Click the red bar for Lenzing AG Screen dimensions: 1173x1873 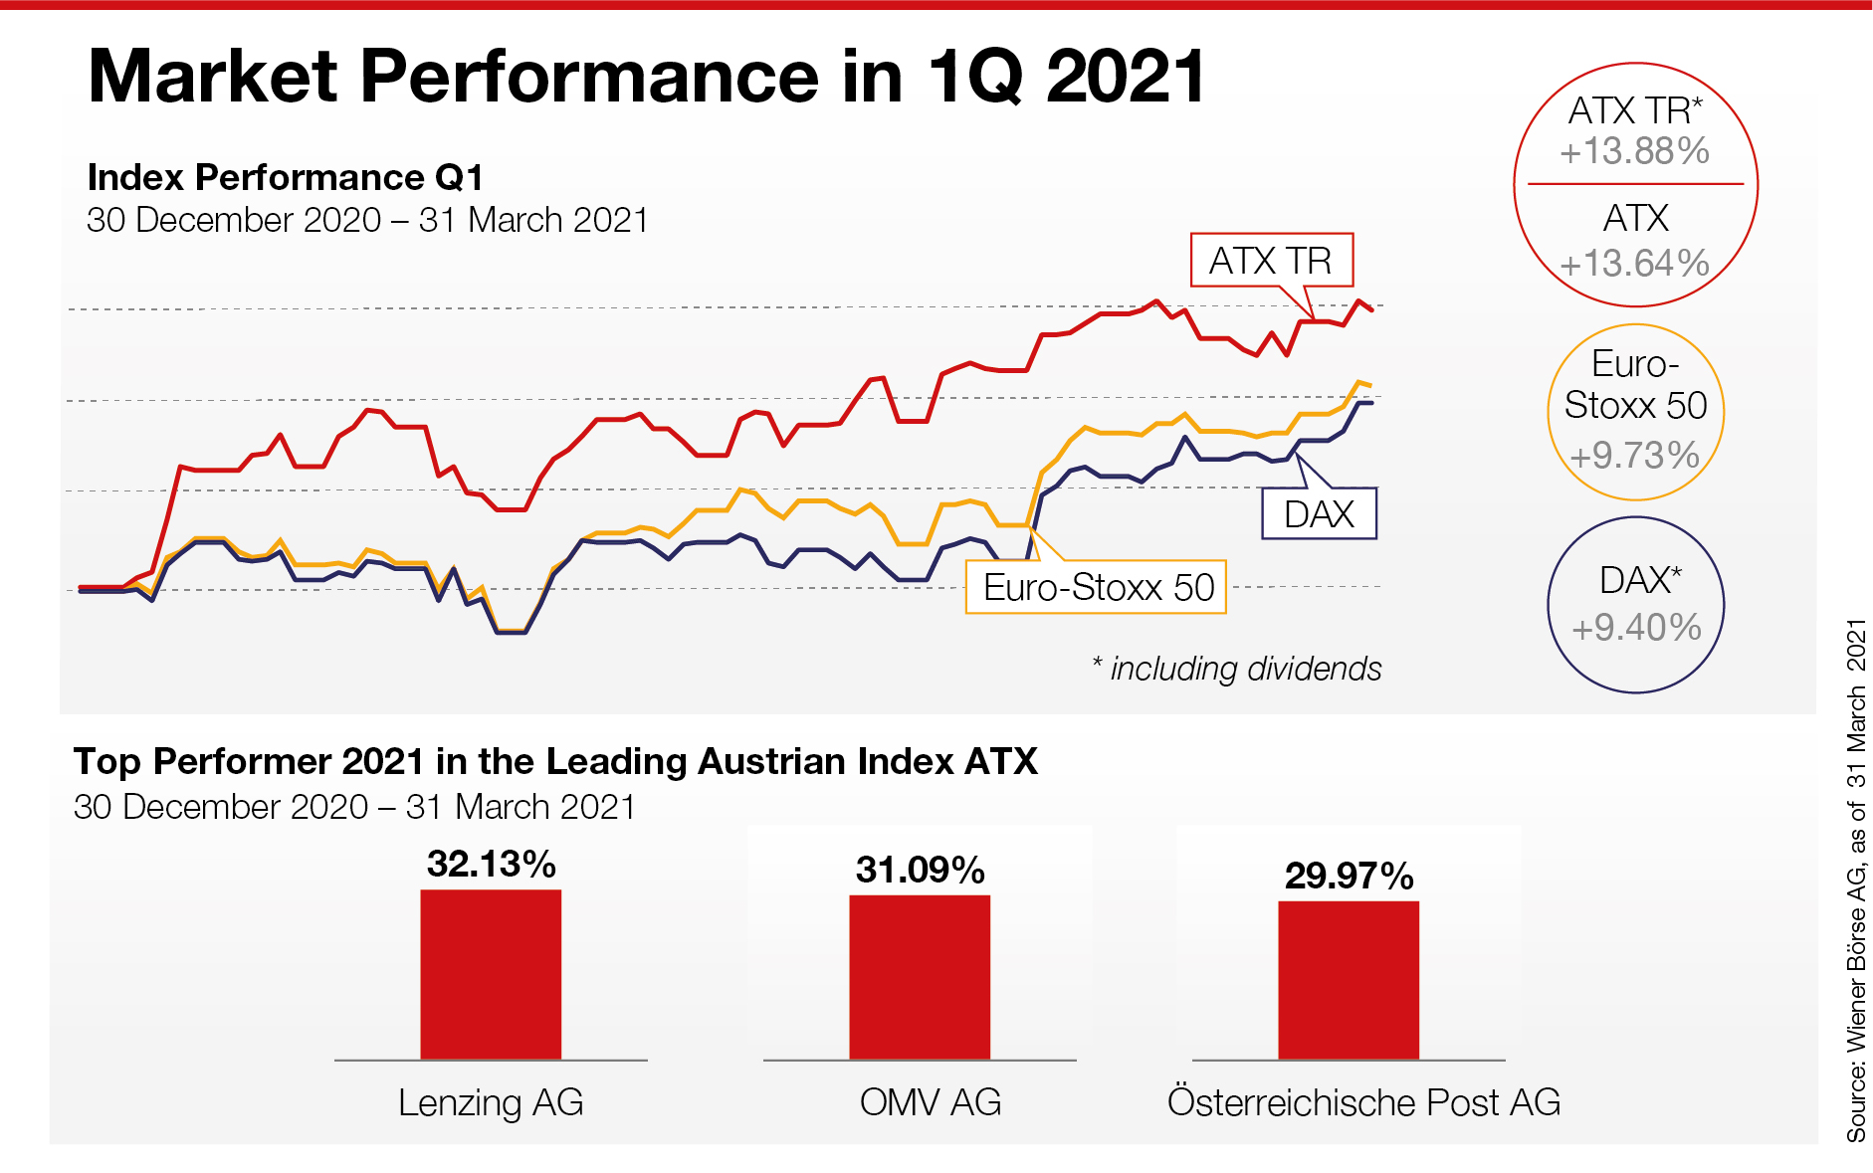pyautogui.click(x=491, y=974)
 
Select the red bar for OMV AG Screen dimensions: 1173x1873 pyautogui.click(x=920, y=977)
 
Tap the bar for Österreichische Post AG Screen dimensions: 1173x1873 pyautogui.click(x=1349, y=980)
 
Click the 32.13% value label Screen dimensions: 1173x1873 pyautogui.click(x=491, y=864)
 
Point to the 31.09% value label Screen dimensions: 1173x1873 pyautogui.click(x=920, y=870)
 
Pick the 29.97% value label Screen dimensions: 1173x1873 pyautogui.click(x=1349, y=876)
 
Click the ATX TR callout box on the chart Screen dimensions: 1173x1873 pyautogui.click(x=1271, y=261)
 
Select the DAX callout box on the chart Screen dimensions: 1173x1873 pyautogui.click(x=1319, y=513)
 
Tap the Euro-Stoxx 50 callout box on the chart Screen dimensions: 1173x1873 pyautogui.click(x=1097, y=587)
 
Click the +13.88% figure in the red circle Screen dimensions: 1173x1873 pyautogui.click(x=1634, y=151)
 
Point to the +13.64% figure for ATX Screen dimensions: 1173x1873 pyautogui.click(x=1634, y=264)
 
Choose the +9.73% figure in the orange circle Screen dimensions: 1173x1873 pyautogui.click(x=1634, y=455)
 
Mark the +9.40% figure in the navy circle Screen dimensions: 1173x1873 pyautogui.click(x=1636, y=628)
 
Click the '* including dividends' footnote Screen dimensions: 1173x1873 pyautogui.click(x=1236, y=669)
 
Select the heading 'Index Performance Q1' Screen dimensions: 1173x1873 pyautogui.click(x=286, y=177)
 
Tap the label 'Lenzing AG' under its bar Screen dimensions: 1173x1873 pyautogui.click(x=491, y=1102)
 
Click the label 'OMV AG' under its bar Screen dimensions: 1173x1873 pyautogui.click(x=930, y=1102)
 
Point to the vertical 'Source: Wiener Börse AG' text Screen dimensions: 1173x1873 pyautogui.click(x=1856, y=880)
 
